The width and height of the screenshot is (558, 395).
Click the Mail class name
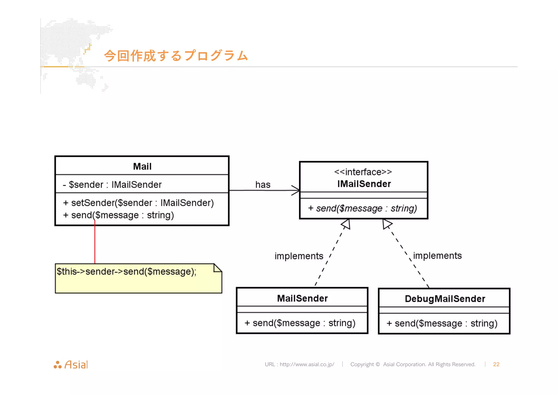click(142, 166)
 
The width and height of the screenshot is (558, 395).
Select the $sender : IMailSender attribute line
click(112, 185)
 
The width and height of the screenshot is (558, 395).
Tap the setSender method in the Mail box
click(138, 203)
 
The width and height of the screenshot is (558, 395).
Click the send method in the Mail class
click(119, 215)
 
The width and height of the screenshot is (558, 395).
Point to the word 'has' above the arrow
click(263, 185)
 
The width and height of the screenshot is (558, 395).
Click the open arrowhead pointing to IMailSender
click(296, 190)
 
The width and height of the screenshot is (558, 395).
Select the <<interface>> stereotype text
click(363, 172)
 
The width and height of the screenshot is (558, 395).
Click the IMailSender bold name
click(364, 184)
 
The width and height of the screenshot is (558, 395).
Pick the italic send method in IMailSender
click(362, 208)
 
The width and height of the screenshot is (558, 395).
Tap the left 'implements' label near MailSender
click(299, 256)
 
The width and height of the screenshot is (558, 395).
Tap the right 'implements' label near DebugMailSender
click(437, 256)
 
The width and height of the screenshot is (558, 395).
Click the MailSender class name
click(302, 298)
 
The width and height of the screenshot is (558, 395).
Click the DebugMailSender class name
click(445, 299)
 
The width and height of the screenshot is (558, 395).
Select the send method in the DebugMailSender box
click(442, 324)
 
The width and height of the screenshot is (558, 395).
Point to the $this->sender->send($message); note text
click(126, 272)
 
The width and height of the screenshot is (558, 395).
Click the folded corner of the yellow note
click(217, 268)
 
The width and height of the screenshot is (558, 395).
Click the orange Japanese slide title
click(176, 56)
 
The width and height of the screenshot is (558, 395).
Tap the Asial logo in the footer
click(71, 365)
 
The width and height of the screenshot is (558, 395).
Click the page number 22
click(496, 364)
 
